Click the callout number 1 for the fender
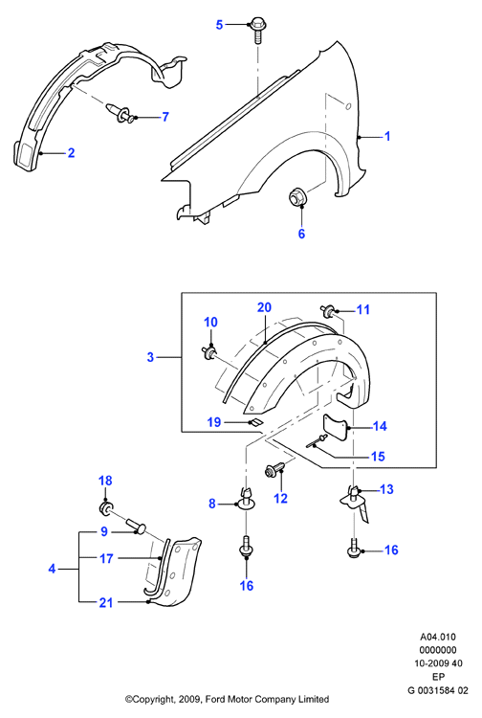387,136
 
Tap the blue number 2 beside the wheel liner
71,152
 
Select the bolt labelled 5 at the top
256,31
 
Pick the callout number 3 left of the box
150,357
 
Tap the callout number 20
264,307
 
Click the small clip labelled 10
209,352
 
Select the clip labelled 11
328,311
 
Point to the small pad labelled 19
255,422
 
